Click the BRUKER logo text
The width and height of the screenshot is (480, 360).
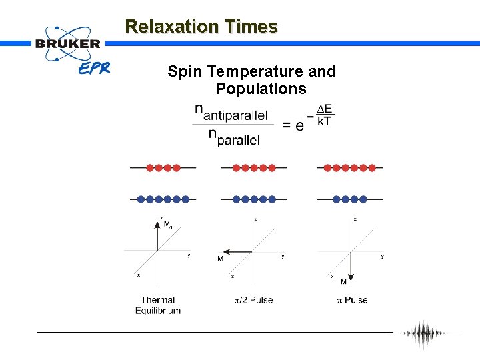click(x=67, y=43)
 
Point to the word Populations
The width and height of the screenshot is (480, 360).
click(x=261, y=89)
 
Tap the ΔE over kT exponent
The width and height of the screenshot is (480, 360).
click(x=325, y=115)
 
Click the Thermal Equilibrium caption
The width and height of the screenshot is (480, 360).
click(x=158, y=305)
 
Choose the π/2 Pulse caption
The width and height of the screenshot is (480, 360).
click(x=253, y=300)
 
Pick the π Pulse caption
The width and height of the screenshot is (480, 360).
click(x=351, y=300)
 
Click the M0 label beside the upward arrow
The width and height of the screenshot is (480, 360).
click(x=168, y=225)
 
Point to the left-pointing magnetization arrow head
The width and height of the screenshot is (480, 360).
click(x=225, y=251)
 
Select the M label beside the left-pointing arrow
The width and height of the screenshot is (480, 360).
click(x=220, y=259)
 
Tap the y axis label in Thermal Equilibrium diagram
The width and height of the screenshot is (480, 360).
click(x=189, y=255)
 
